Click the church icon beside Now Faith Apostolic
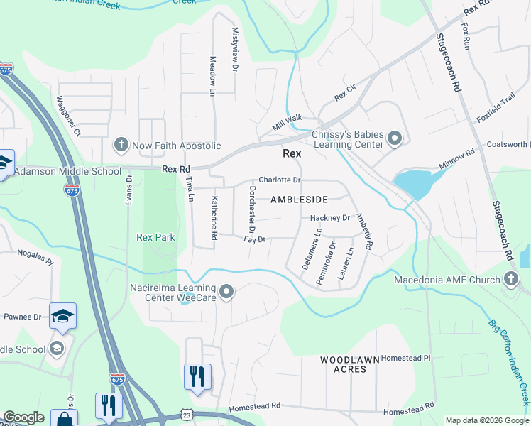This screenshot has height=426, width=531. pyautogui.click(x=121, y=146)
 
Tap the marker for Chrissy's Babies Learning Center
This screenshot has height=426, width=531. pyautogui.click(x=395, y=138)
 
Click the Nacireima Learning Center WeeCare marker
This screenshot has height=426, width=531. pyautogui.click(x=226, y=292)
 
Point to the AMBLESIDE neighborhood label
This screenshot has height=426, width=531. pyautogui.click(x=299, y=200)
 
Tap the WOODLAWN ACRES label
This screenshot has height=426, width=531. pyautogui.click(x=349, y=365)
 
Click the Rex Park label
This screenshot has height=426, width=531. pyautogui.click(x=155, y=236)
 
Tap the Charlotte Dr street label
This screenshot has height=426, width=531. pyautogui.click(x=280, y=180)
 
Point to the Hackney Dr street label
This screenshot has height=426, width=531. pyautogui.click(x=330, y=218)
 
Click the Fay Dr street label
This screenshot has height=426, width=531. pyautogui.click(x=254, y=240)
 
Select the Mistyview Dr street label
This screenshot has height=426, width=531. pyautogui.click(x=235, y=50)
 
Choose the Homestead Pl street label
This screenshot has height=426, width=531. pyautogui.click(x=406, y=359)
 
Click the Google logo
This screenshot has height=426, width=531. pyautogui.click(x=24, y=417)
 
